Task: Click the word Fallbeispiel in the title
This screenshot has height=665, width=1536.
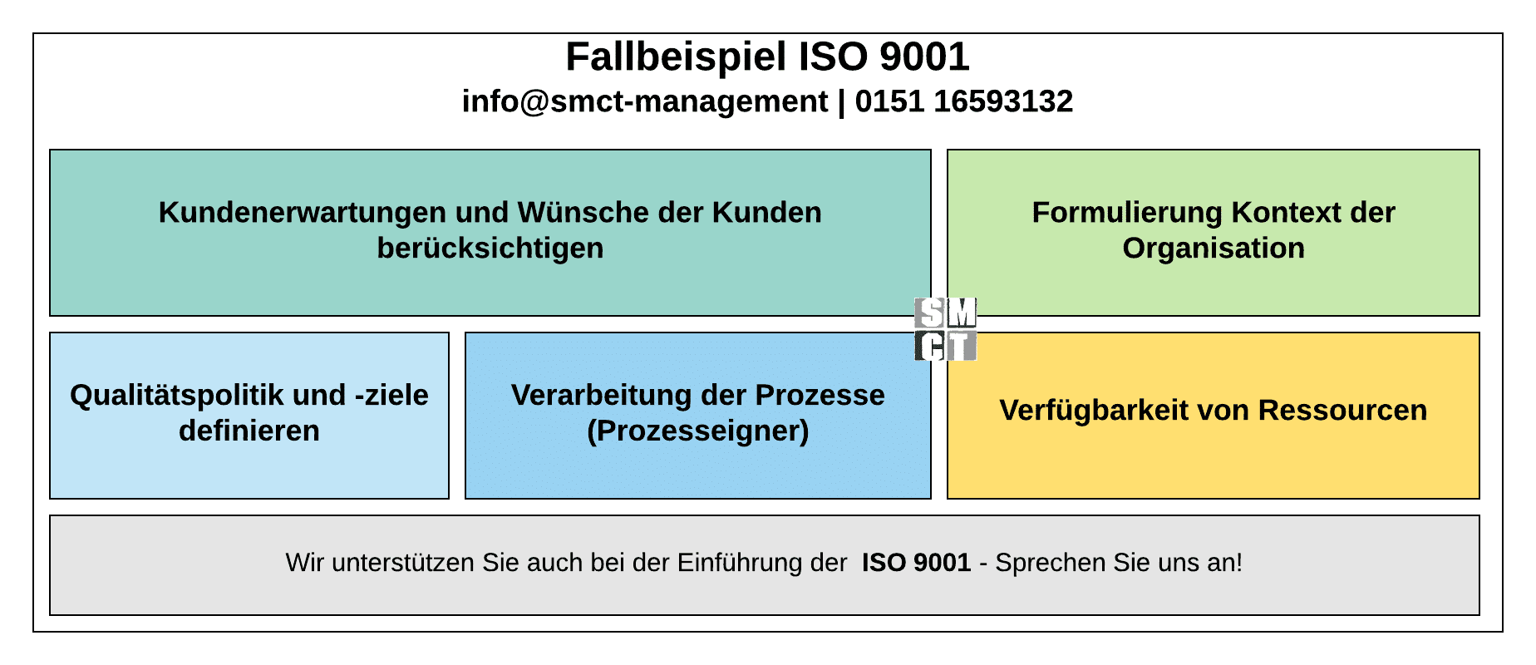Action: point(676,57)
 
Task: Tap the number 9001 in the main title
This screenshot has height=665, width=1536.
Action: point(924,57)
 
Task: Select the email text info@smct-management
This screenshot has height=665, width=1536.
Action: point(645,101)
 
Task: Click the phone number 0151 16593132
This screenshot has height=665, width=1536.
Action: point(963,101)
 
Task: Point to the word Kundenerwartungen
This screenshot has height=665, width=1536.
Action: point(303,213)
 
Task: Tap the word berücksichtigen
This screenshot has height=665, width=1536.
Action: point(490,249)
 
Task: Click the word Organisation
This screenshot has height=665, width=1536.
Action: point(1214,249)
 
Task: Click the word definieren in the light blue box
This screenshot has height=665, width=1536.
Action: point(249,431)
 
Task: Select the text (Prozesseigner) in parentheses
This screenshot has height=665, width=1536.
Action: point(698,431)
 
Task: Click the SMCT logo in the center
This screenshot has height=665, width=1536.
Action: point(946,329)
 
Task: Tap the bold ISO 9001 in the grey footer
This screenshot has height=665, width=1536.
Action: point(916,564)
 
